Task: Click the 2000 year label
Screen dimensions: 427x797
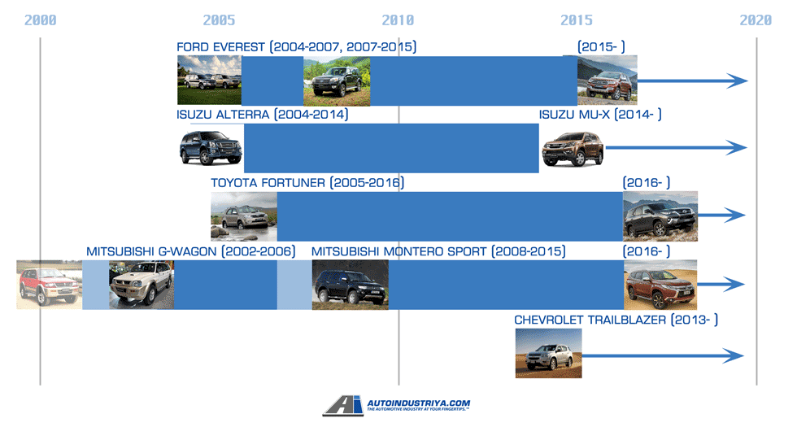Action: tap(40, 20)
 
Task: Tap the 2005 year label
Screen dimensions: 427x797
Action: tap(219, 20)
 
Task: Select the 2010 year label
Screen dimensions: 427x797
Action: tap(398, 20)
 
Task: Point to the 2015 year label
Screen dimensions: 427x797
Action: tap(577, 20)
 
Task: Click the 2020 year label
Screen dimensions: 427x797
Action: tap(756, 20)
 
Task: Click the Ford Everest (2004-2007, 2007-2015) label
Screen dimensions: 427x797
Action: tap(296, 47)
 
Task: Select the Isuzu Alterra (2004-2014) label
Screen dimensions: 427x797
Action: tap(262, 115)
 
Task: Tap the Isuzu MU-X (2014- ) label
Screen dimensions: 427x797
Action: tap(600, 115)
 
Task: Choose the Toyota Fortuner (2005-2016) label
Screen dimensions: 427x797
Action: tap(307, 183)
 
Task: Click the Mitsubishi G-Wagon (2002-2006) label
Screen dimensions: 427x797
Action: tap(190, 251)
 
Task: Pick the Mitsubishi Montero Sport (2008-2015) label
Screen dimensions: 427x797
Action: tap(438, 251)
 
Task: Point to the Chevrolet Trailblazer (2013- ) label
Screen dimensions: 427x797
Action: tap(616, 320)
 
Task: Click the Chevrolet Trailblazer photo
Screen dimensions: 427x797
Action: tap(548, 353)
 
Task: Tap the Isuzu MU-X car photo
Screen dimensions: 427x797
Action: tap(573, 148)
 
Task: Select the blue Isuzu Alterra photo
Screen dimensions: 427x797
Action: tap(211, 148)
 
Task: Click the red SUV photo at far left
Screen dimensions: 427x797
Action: tap(49, 285)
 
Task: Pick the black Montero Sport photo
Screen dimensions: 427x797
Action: tap(350, 285)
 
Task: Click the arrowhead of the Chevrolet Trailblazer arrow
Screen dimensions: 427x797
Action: tap(736, 355)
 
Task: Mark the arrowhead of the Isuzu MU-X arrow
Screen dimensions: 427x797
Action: tap(737, 147)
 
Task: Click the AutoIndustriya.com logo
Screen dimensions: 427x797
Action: tap(396, 406)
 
